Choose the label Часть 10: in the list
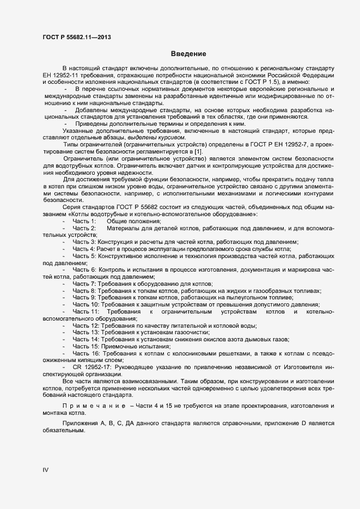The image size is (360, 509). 86,305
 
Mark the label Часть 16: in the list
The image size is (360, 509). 86,353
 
